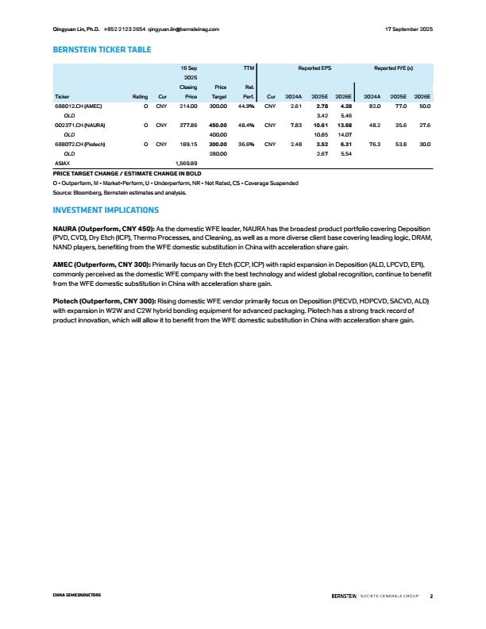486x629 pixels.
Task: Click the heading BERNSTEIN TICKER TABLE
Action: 101,50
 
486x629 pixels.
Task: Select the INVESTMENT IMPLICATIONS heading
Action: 106,210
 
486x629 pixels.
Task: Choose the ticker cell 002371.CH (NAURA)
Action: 81,125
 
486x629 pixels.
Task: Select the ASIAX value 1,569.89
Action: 186,163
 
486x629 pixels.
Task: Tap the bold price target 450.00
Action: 216,125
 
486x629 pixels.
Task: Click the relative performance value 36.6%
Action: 245,144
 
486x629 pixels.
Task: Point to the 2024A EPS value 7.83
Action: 295,125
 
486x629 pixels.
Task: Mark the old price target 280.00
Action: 216,153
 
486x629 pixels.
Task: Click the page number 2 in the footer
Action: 430,595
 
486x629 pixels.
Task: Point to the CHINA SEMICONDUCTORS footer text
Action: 77,595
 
